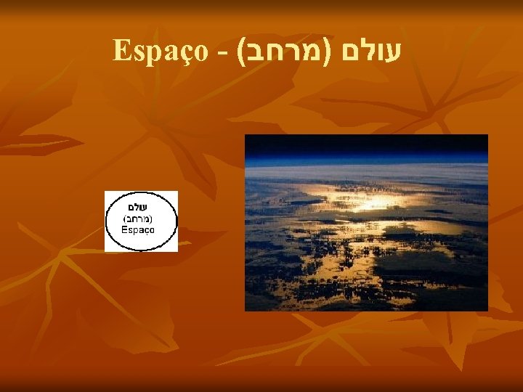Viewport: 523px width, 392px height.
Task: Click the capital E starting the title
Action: click(x=120, y=51)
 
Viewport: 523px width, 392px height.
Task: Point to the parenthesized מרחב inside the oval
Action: click(x=141, y=219)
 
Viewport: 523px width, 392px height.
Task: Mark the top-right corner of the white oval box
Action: click(x=177, y=192)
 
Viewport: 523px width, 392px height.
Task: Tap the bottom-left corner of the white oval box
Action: click(x=105, y=251)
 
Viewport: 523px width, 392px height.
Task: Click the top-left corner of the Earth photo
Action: click(x=246, y=135)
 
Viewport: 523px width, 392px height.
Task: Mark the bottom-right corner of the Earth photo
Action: click(x=487, y=310)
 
